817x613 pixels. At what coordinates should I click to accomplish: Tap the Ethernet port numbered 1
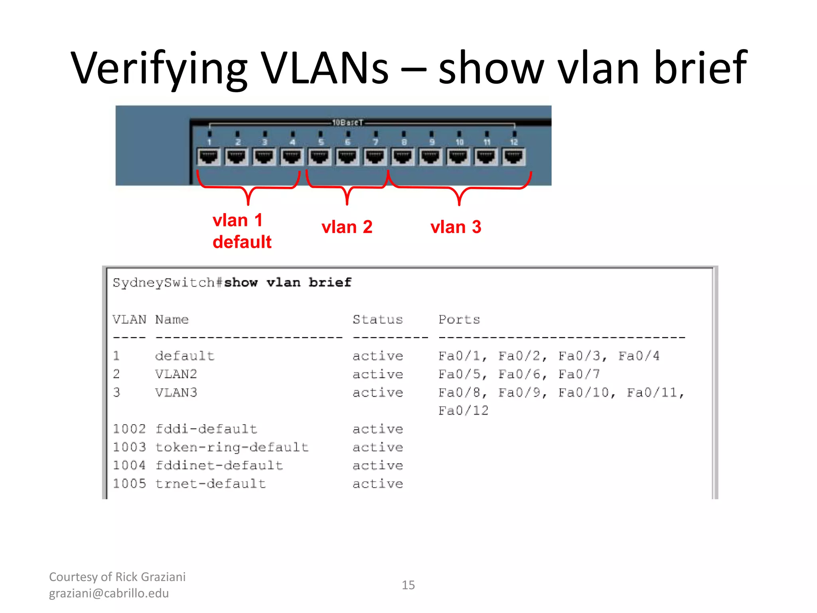coord(209,157)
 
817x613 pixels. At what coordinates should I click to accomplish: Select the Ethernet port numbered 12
coord(514,157)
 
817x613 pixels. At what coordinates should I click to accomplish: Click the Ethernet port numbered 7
coord(375,157)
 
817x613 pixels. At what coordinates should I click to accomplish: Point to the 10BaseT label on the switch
coord(348,123)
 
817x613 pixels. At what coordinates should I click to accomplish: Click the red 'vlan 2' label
coord(347,227)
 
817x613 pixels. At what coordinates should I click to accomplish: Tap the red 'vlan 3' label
coord(456,227)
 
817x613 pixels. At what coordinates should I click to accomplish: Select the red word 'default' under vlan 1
coord(242,242)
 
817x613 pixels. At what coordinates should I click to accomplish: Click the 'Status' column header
coord(377,319)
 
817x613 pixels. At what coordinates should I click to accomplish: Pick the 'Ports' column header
coord(459,319)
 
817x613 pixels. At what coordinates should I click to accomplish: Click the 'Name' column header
coord(172,319)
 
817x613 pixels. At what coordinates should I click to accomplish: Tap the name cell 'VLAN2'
coord(176,374)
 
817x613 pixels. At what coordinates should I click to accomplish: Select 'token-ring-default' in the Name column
coord(232,447)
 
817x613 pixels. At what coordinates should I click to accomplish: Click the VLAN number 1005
coord(129,484)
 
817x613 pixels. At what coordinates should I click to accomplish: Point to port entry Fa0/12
coord(463,411)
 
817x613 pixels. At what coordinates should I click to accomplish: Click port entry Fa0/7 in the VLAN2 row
coord(579,374)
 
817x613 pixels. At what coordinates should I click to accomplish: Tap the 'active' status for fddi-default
coord(377,429)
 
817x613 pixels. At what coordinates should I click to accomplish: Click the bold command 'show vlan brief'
coord(288,283)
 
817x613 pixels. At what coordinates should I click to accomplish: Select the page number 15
coord(408,585)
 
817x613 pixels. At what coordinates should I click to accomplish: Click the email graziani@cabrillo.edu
coord(109,593)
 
